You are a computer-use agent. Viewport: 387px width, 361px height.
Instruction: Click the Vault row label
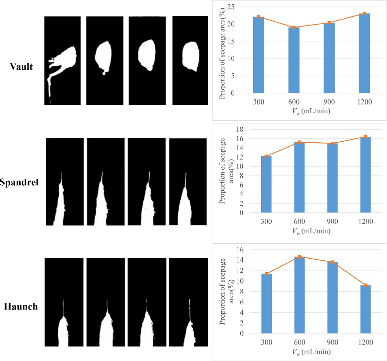pos(21,67)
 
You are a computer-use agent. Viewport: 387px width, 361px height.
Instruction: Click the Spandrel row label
pos(19,182)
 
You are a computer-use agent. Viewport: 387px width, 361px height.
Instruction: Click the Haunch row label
pos(21,306)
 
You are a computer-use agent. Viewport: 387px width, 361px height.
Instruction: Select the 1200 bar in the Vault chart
pos(364,53)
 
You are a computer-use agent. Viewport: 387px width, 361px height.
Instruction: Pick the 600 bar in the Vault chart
pos(294,60)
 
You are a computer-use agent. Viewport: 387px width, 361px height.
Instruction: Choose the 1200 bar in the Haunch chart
pos(365,309)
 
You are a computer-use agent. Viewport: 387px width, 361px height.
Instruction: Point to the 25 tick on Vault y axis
pos(231,7)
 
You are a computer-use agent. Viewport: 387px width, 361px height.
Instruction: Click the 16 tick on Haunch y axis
pos(240,249)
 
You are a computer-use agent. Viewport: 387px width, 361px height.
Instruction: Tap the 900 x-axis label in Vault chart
pos(329,102)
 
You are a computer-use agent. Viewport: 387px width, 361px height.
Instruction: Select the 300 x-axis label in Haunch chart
pos(266,342)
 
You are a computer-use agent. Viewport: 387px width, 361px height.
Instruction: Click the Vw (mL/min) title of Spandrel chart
pos(311,231)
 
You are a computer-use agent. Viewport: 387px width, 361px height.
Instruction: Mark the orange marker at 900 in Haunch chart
pos(332,262)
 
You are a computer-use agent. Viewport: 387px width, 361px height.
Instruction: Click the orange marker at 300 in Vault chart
pos(259,17)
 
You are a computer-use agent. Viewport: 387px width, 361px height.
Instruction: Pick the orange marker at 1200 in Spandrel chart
pos(365,137)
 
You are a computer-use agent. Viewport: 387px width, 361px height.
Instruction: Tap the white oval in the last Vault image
pos(191,56)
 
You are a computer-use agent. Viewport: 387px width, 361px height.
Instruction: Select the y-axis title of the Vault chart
pos(222,53)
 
